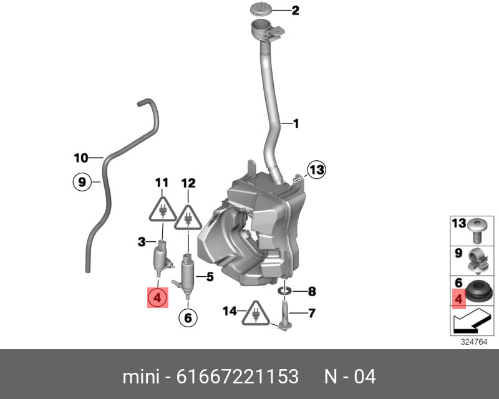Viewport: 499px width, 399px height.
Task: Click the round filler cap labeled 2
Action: (261, 8)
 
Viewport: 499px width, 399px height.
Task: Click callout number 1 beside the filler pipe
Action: (296, 123)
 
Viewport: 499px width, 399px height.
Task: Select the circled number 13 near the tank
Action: (316, 170)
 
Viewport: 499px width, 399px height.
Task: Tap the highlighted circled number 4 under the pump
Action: (157, 298)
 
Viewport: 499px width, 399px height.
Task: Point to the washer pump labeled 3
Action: (163, 258)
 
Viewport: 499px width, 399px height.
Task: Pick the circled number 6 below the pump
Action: (188, 317)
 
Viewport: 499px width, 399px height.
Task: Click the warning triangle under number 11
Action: (163, 209)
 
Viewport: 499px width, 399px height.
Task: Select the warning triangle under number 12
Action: (188, 218)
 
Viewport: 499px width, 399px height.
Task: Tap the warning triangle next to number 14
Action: (256, 313)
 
